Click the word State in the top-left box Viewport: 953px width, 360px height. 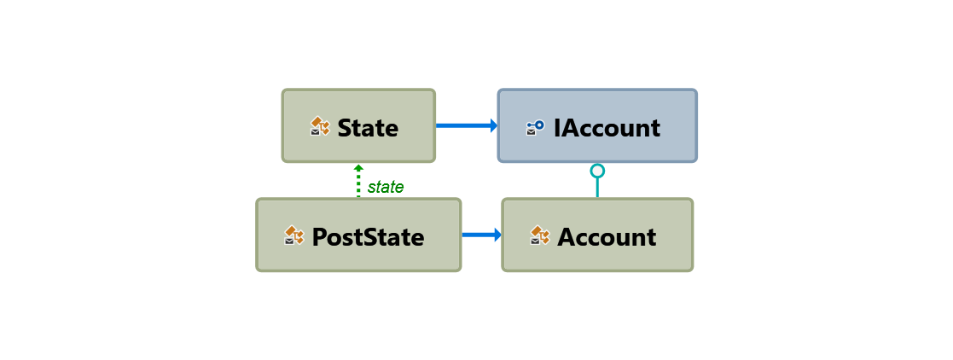coord(368,128)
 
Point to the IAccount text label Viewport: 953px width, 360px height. coord(607,128)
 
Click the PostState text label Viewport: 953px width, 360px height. coord(368,236)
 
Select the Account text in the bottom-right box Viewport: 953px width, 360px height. coord(607,236)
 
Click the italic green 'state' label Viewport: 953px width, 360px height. coord(386,187)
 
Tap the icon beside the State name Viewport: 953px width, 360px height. coord(319,127)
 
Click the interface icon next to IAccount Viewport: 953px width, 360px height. coord(535,127)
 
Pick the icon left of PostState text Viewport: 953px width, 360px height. coord(294,236)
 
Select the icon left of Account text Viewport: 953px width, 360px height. coord(539,235)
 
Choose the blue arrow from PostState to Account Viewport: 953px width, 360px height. coord(479,235)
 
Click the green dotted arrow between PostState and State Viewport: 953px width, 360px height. coord(358,184)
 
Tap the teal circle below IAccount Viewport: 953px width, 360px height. coord(597,171)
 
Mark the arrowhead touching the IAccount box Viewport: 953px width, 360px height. coord(493,125)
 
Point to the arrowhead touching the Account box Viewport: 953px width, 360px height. coord(497,235)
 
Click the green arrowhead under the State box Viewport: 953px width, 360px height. coord(358,167)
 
